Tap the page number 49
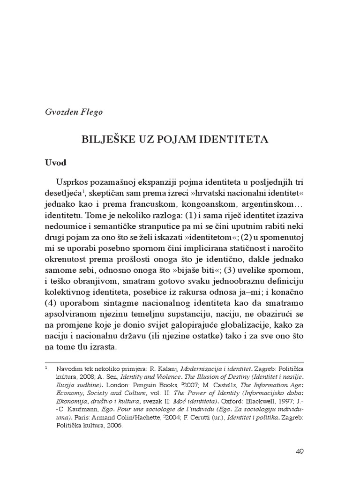click(x=300, y=452)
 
